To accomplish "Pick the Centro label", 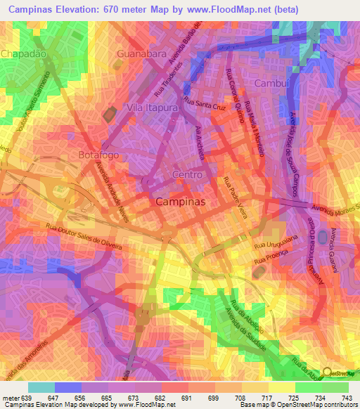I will click(x=188, y=174).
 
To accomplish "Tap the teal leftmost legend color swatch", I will click(x=41, y=387).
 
